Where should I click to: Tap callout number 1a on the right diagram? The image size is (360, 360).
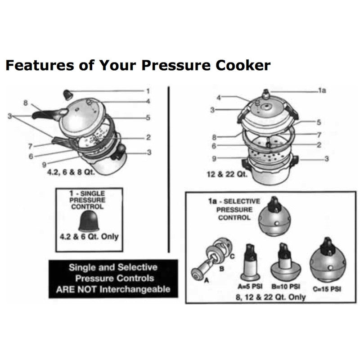pos(322,90)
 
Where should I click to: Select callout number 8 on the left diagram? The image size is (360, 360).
pos(26,103)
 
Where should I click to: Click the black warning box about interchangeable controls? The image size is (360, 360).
pos(112,279)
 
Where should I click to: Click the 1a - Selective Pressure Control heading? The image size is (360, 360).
pos(234,209)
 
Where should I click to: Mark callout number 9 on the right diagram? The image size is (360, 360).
pos(216,158)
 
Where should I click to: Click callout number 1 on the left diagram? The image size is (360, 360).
pos(148,91)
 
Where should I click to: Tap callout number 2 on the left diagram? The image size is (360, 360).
pos(148,137)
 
